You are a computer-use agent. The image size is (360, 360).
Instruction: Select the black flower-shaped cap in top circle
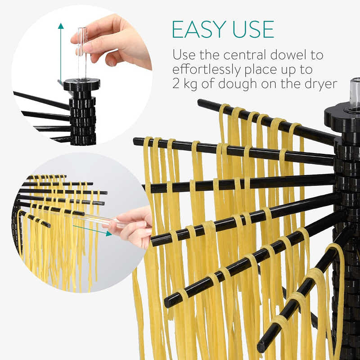pos(81,84)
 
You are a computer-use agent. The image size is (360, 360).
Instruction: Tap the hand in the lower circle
pos(133,227)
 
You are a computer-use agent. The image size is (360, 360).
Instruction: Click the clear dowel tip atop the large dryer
pos(355,94)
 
